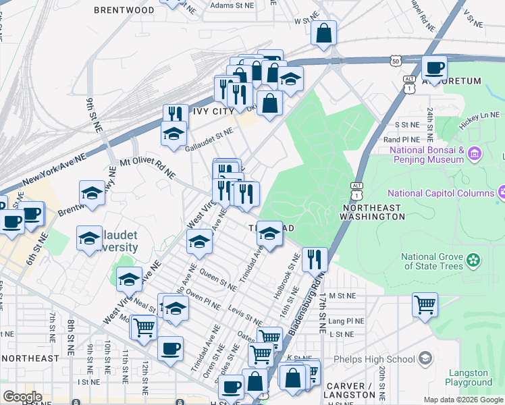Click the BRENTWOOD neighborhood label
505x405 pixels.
(124, 10)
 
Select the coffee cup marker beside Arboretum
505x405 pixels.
(434, 67)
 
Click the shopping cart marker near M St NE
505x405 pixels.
(425, 305)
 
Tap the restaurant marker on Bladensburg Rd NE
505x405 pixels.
(314, 259)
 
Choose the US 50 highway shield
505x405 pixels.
(395, 61)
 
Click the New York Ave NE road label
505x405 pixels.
(54, 169)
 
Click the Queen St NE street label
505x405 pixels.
(218, 281)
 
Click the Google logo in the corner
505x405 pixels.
(22, 397)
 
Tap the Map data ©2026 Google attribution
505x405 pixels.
(462, 400)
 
